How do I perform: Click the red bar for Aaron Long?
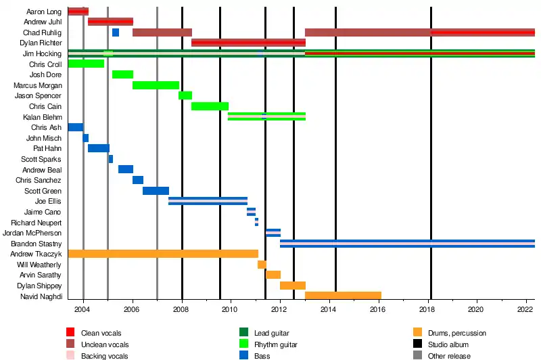pyautogui.click(x=78, y=12)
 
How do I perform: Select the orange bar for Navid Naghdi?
pyautogui.click(x=343, y=296)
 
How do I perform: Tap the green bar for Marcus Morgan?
pyautogui.click(x=156, y=85)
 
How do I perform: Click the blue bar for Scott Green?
pyautogui.click(x=156, y=191)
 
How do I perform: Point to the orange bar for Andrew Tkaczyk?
pyautogui.click(x=163, y=254)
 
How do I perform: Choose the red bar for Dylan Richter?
pyautogui.click(x=248, y=43)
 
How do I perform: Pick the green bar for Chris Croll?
pyautogui.click(x=86, y=64)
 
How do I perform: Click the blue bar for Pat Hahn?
pyautogui.click(x=99, y=148)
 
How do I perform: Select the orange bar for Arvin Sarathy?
pyautogui.click(x=273, y=275)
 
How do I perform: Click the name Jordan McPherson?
pyautogui.click(x=37, y=233)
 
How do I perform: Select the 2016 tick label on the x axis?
pyautogui.click(x=378, y=309)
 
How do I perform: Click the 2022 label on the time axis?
pyautogui.click(x=525, y=309)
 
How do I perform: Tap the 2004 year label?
pyautogui.click(x=83, y=309)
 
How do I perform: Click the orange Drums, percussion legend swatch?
pyautogui.click(x=417, y=332)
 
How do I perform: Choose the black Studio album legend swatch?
pyautogui.click(x=417, y=344)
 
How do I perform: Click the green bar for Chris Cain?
pyautogui.click(x=210, y=106)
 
